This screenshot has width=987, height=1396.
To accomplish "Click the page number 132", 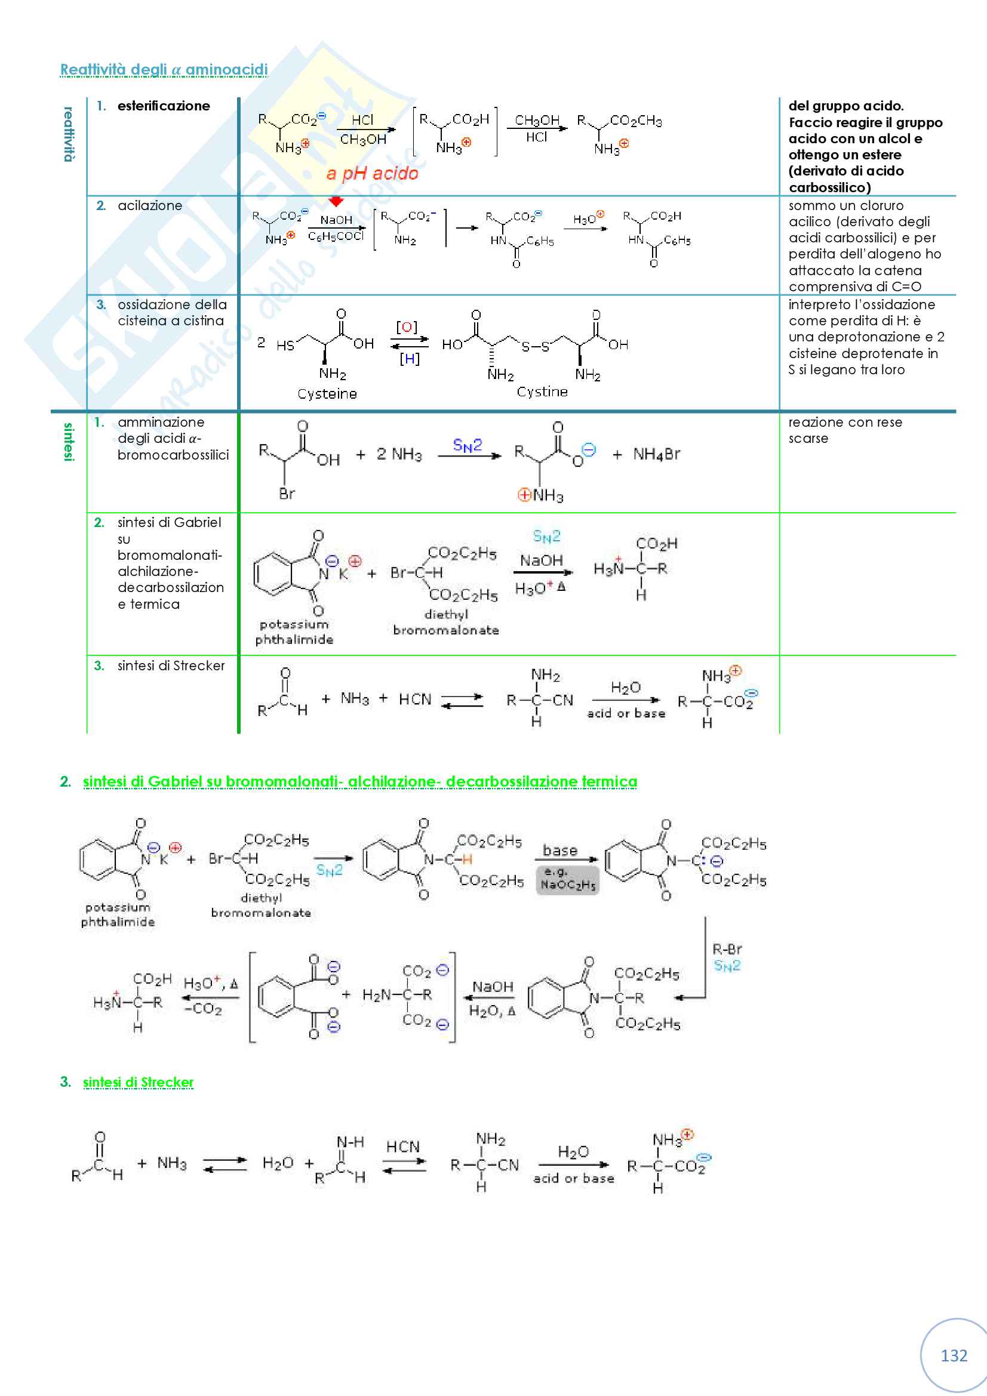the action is coord(954,1355).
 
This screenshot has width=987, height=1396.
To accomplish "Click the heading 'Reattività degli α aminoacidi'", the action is coord(164,70).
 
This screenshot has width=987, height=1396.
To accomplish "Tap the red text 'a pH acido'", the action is coord(372,174).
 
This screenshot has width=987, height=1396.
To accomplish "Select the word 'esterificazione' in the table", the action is coord(164,106).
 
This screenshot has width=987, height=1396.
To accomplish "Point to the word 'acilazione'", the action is coord(150,205).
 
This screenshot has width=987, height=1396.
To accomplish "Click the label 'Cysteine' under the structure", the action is coord(327,394).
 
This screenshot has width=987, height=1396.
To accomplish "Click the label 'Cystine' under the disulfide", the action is coord(542,392).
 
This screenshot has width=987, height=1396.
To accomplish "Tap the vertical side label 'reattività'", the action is coord(69,134).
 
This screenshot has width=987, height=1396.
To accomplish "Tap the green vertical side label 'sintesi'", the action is coord(69,442).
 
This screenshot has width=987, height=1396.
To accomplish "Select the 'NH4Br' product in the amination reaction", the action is coord(656,454).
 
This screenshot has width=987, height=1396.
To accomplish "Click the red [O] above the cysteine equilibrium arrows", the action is coord(407,327).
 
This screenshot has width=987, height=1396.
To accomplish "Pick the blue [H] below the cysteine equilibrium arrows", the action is coord(410,359).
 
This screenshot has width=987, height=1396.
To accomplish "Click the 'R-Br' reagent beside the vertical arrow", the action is coord(727,949).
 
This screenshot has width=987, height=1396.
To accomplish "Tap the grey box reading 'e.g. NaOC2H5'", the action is coord(567,880).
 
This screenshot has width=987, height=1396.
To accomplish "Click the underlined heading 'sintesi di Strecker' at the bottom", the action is coord(138,1082).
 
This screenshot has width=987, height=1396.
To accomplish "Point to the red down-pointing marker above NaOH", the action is coord(336,201).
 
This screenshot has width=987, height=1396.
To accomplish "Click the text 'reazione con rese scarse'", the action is coord(845,430).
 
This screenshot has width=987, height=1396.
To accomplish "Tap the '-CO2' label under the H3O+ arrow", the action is coord(203,1009).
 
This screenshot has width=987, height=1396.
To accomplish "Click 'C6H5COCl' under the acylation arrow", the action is coord(336,236).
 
